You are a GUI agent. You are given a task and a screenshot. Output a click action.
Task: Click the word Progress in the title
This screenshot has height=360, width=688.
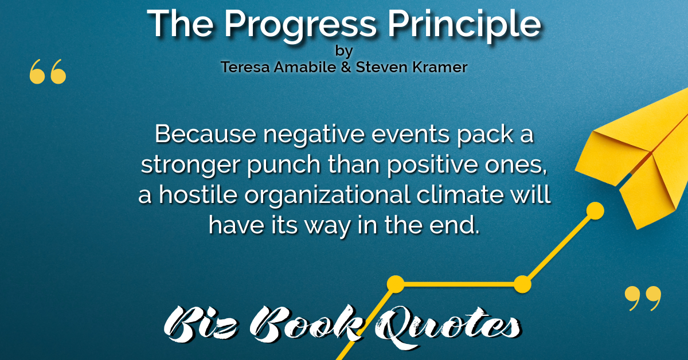(x=300, y=26)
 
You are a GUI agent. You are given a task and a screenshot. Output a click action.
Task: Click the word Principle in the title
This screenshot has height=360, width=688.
(x=464, y=26)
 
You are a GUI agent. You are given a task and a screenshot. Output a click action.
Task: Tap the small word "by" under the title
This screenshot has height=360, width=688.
(x=344, y=51)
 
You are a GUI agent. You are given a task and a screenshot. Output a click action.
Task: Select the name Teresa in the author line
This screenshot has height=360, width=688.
(x=245, y=67)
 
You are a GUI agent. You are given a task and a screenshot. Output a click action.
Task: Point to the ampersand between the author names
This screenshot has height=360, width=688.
(x=346, y=67)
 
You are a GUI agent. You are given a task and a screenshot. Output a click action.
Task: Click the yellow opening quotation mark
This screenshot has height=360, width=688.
(x=48, y=72)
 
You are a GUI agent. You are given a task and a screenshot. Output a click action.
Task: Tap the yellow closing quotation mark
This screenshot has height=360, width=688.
(x=643, y=299)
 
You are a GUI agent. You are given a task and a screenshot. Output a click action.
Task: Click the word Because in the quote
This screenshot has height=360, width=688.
(x=205, y=134)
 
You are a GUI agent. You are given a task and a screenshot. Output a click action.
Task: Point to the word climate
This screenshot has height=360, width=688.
(x=460, y=194)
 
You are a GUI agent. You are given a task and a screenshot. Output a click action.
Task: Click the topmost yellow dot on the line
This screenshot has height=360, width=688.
(x=595, y=211)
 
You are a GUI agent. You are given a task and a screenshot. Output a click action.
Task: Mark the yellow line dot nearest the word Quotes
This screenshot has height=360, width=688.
(x=396, y=284)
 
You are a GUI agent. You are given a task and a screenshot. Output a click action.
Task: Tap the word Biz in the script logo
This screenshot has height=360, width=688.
(x=201, y=326)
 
